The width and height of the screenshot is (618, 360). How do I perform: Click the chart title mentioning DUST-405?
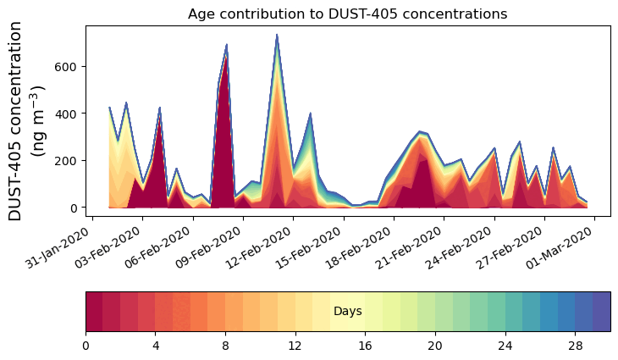click(347, 14)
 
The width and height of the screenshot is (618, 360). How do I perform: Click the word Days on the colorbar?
click(348, 312)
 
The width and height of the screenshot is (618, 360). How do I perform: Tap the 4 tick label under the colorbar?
click(156, 346)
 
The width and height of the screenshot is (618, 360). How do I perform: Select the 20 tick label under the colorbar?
click(435, 346)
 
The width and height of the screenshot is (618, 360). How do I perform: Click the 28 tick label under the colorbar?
click(575, 346)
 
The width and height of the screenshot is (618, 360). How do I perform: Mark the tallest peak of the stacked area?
click(277, 36)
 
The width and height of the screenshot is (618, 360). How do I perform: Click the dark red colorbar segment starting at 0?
click(94, 312)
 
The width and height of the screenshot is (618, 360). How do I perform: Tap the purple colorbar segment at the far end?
click(601, 312)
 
